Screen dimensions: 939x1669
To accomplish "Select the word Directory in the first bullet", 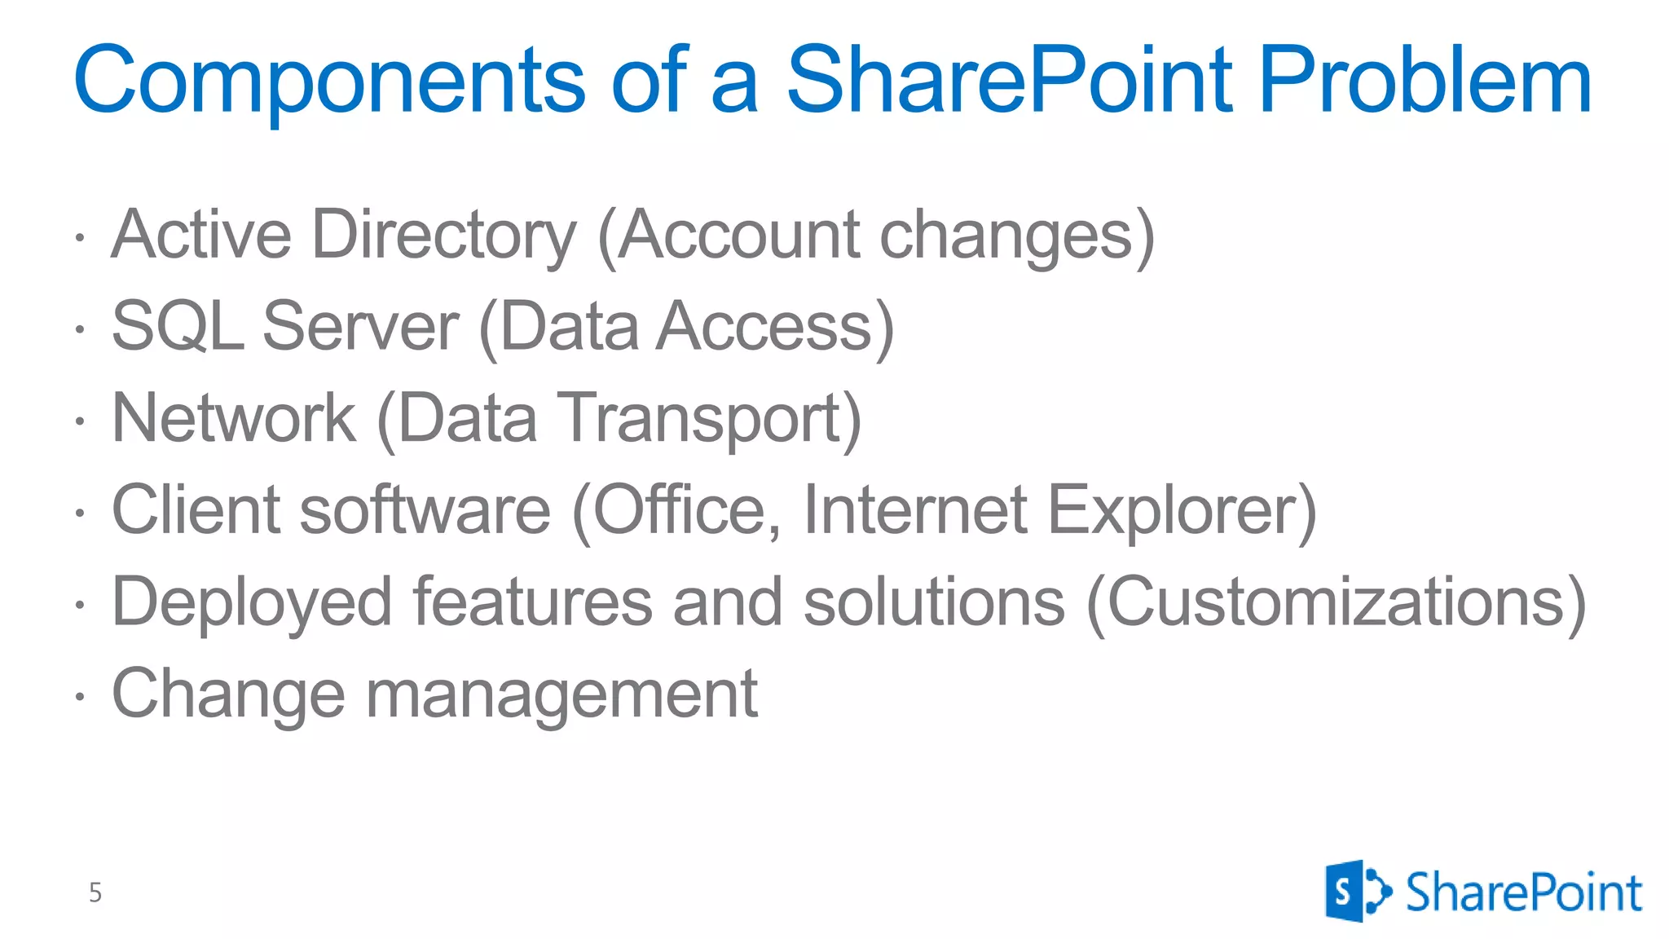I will pos(444,236).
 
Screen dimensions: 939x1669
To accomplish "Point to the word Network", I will pos(234,418).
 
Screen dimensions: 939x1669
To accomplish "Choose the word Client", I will pos(196,510).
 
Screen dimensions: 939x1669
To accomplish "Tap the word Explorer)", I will pos(1182,510).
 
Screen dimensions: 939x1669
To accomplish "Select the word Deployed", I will pos(252,602).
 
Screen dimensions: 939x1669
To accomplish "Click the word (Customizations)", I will pos(1337,602).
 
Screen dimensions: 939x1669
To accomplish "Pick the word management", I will pos(561,694).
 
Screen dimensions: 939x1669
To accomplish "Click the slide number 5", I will pos(95,893).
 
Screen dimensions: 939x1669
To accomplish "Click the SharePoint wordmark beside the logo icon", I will pos(1522,892).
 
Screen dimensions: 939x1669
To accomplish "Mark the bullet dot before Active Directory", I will pos(79,238).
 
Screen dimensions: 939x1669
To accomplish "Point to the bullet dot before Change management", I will pos(79,697).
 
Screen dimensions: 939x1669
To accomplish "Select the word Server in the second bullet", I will pos(361,327).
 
